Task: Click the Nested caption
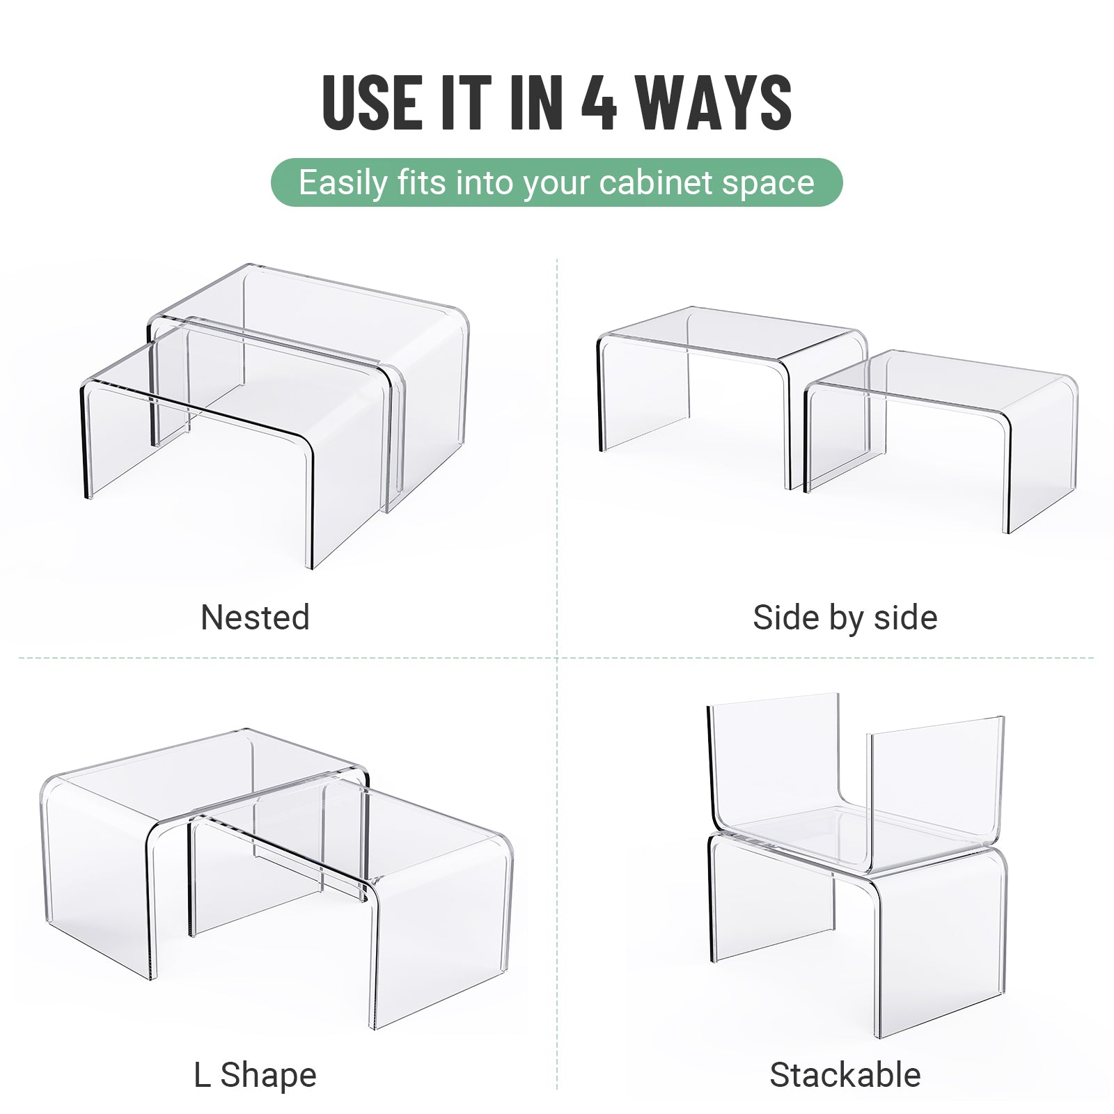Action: click(255, 618)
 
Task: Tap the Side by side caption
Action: click(845, 618)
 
